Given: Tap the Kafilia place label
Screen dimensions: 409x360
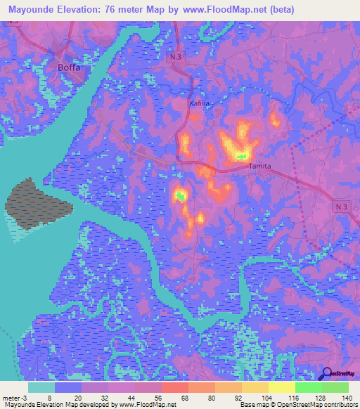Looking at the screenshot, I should tap(200, 103).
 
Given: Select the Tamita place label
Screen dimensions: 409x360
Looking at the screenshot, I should tap(260, 166).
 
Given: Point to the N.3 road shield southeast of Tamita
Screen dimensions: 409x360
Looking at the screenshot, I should tap(341, 204).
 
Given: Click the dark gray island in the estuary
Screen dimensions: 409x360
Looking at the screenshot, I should tap(39, 202).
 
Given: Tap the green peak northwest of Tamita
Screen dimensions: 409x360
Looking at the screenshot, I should tap(242, 155).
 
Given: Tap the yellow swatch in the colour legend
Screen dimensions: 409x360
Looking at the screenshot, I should tap(282, 387).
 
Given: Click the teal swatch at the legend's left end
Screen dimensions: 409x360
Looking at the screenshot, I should tap(41, 387).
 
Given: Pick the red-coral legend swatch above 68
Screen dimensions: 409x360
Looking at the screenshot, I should tap(175, 387).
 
